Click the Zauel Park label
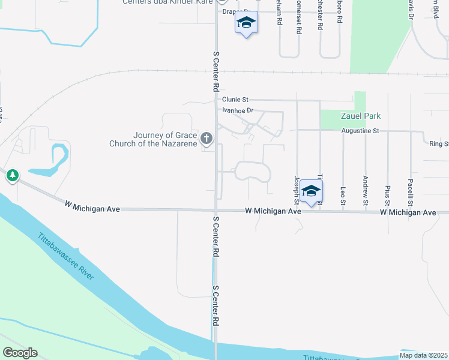point(361,116)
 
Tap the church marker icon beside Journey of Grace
point(206,139)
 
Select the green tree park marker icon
point(12,176)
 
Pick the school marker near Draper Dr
point(246,23)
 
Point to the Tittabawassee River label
point(66,256)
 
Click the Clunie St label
point(235,100)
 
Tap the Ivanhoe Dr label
point(238,110)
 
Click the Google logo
point(20,353)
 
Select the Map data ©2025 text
point(424,355)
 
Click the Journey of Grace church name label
point(153,139)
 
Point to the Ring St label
point(439,144)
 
